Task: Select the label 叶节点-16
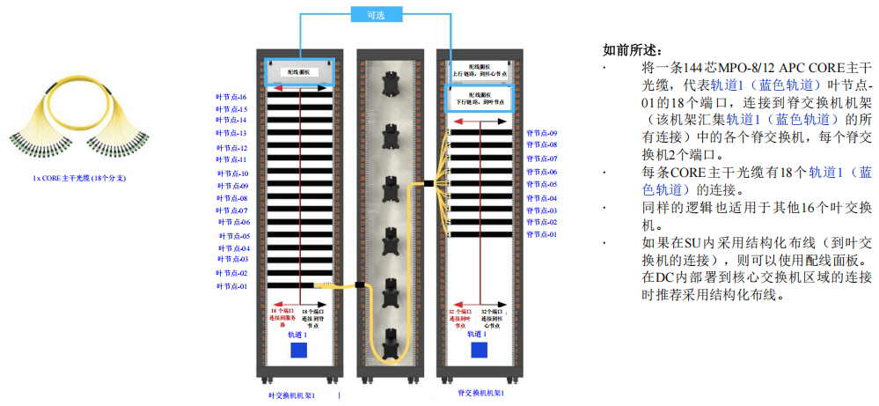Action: (x=232, y=97)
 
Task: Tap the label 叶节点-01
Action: (x=232, y=286)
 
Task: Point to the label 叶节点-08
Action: (x=232, y=198)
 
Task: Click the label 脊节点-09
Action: (x=542, y=132)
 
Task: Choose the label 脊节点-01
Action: (x=542, y=235)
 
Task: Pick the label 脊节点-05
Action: (x=542, y=184)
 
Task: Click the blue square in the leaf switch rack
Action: (x=299, y=351)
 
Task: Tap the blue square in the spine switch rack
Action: (x=479, y=351)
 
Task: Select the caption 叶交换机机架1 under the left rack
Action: (x=291, y=395)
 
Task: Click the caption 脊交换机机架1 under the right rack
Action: (x=480, y=393)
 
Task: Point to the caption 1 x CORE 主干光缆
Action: (x=79, y=178)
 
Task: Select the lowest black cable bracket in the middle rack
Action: (x=389, y=339)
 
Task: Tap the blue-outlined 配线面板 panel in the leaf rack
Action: (x=300, y=71)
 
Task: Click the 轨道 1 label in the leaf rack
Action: (x=297, y=335)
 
